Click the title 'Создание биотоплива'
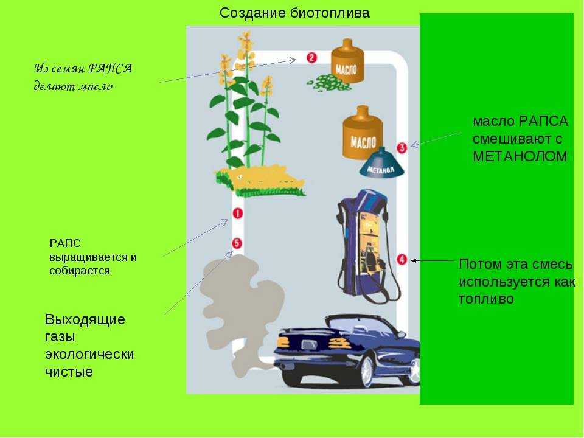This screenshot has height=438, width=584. click(294, 13)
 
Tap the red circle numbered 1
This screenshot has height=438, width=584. click(237, 214)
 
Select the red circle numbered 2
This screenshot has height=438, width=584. click(311, 58)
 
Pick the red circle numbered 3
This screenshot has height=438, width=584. click(401, 147)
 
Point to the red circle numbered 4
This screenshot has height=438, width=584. click(401, 259)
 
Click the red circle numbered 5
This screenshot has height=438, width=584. click(237, 243)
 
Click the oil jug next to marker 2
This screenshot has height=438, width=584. click(347, 61)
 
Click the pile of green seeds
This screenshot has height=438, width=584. click(328, 83)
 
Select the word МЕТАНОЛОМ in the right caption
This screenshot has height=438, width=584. click(520, 156)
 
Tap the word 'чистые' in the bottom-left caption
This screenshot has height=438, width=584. click(69, 372)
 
